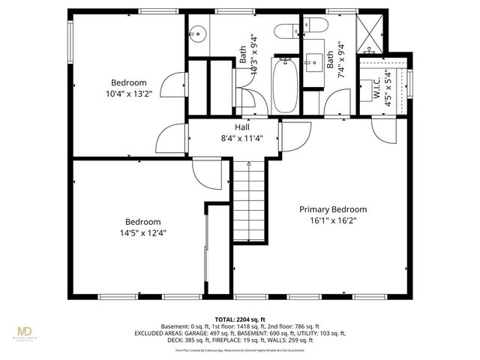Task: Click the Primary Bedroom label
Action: point(333,209)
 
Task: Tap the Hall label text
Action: point(241,127)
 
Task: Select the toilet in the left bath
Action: point(286,31)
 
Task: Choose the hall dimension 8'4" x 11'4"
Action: point(241,138)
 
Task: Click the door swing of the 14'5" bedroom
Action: point(203,173)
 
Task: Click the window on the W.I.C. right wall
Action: point(409,82)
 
